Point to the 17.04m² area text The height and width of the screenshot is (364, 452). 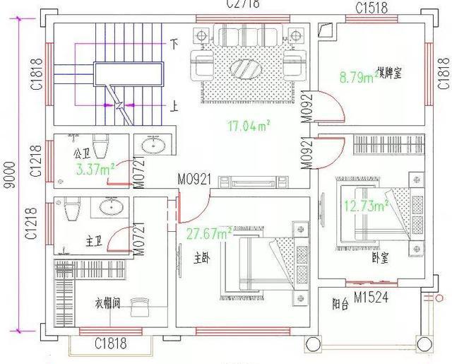250,127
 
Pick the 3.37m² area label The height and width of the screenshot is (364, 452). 93,168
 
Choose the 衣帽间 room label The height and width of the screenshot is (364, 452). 107,303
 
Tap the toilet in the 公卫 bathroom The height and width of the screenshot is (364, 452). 100,145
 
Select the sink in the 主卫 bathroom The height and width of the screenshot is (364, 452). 111,206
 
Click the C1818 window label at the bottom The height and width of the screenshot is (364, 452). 111,344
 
